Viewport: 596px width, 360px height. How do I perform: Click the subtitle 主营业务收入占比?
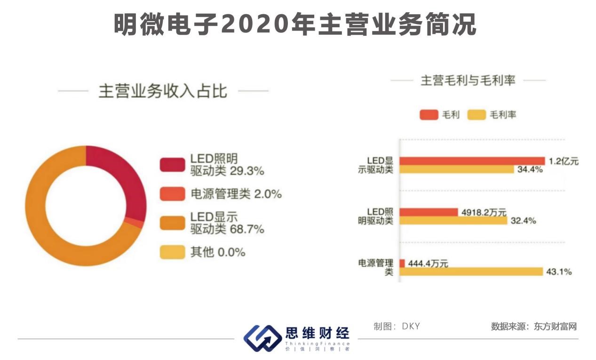162,91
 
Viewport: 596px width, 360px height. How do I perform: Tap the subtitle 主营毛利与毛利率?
468,80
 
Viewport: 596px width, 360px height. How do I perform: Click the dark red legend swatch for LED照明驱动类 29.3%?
172,164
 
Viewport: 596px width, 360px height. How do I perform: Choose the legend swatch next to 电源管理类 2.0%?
172,194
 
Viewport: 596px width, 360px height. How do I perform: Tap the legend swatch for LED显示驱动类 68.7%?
172,223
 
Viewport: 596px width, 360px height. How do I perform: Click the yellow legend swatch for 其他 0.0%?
172,252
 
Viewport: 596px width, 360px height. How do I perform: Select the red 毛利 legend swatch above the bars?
429,115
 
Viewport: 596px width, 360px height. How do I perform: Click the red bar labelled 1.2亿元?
472,161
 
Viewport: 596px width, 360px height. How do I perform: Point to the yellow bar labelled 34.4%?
456,170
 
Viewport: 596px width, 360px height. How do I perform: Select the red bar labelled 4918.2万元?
429,212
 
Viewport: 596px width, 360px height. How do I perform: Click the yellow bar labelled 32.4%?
453,221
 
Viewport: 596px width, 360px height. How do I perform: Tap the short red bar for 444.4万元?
402,263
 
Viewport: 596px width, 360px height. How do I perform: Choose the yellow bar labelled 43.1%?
470,272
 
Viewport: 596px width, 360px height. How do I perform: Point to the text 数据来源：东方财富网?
533,327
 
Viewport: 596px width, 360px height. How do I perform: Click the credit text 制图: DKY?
397,327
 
